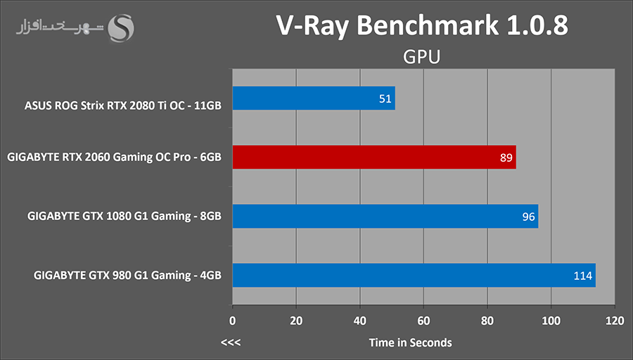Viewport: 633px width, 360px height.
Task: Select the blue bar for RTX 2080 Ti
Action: pos(314,98)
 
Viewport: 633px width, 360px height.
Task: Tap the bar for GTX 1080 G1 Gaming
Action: pos(385,217)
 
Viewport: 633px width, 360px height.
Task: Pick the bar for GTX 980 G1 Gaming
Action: pos(414,275)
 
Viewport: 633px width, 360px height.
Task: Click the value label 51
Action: pos(385,99)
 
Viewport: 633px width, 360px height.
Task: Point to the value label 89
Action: pos(506,158)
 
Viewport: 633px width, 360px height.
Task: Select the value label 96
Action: pos(528,217)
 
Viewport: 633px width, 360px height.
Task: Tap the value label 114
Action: pos(583,276)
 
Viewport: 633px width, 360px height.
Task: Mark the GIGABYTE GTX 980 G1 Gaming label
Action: pos(127,276)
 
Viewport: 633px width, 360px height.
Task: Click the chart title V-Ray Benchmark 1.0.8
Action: pos(421,25)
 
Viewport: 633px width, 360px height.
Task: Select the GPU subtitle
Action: pos(422,56)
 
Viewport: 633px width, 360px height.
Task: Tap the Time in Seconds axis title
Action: pos(410,342)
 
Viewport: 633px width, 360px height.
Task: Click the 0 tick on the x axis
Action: pos(233,321)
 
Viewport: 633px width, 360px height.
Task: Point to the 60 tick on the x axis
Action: pos(423,321)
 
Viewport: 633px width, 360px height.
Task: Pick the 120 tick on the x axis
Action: pos(614,321)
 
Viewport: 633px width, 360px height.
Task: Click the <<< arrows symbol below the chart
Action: pos(231,343)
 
